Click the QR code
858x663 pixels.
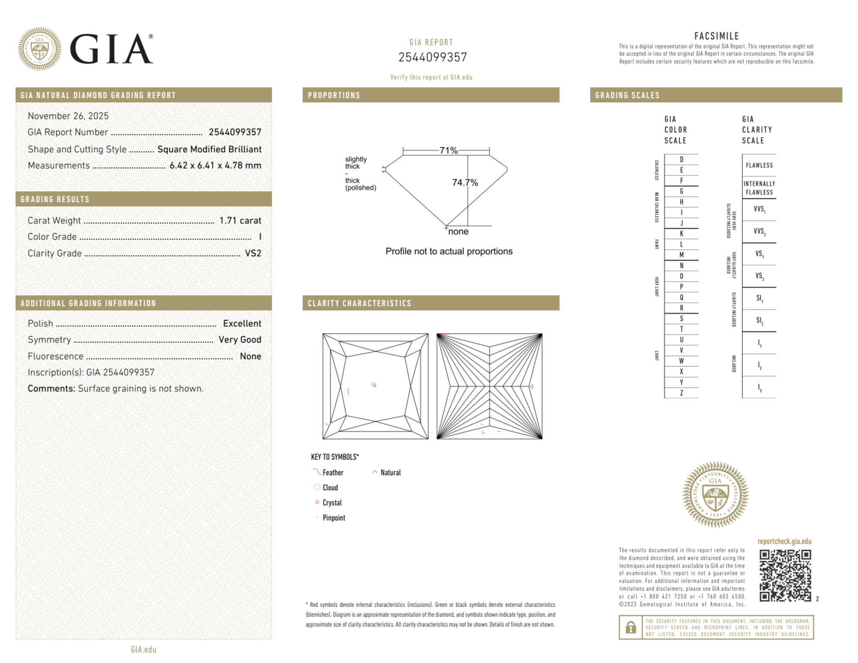[x=785, y=575]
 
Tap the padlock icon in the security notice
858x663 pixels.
[x=630, y=627]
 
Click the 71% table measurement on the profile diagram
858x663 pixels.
[x=449, y=151]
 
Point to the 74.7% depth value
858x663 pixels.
[x=465, y=183]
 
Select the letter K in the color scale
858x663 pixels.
[x=681, y=234]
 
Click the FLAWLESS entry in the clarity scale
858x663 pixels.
[x=759, y=166]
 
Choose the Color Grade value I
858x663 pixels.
[x=260, y=237]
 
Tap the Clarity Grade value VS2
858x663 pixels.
[x=253, y=253]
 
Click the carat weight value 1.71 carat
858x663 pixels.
[x=240, y=220]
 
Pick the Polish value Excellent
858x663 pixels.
[x=242, y=323]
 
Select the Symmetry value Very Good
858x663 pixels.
[x=240, y=340]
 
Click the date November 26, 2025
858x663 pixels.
[x=68, y=116]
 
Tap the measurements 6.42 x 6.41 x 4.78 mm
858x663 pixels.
[x=215, y=166]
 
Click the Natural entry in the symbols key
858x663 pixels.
[x=390, y=473]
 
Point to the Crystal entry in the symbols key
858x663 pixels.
[x=332, y=503]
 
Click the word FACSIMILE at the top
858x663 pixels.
[x=717, y=36]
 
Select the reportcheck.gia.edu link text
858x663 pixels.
[x=784, y=541]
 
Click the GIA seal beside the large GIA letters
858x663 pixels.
[x=39, y=49]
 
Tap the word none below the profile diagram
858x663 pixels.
[x=458, y=232]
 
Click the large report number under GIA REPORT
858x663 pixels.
[x=432, y=57]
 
